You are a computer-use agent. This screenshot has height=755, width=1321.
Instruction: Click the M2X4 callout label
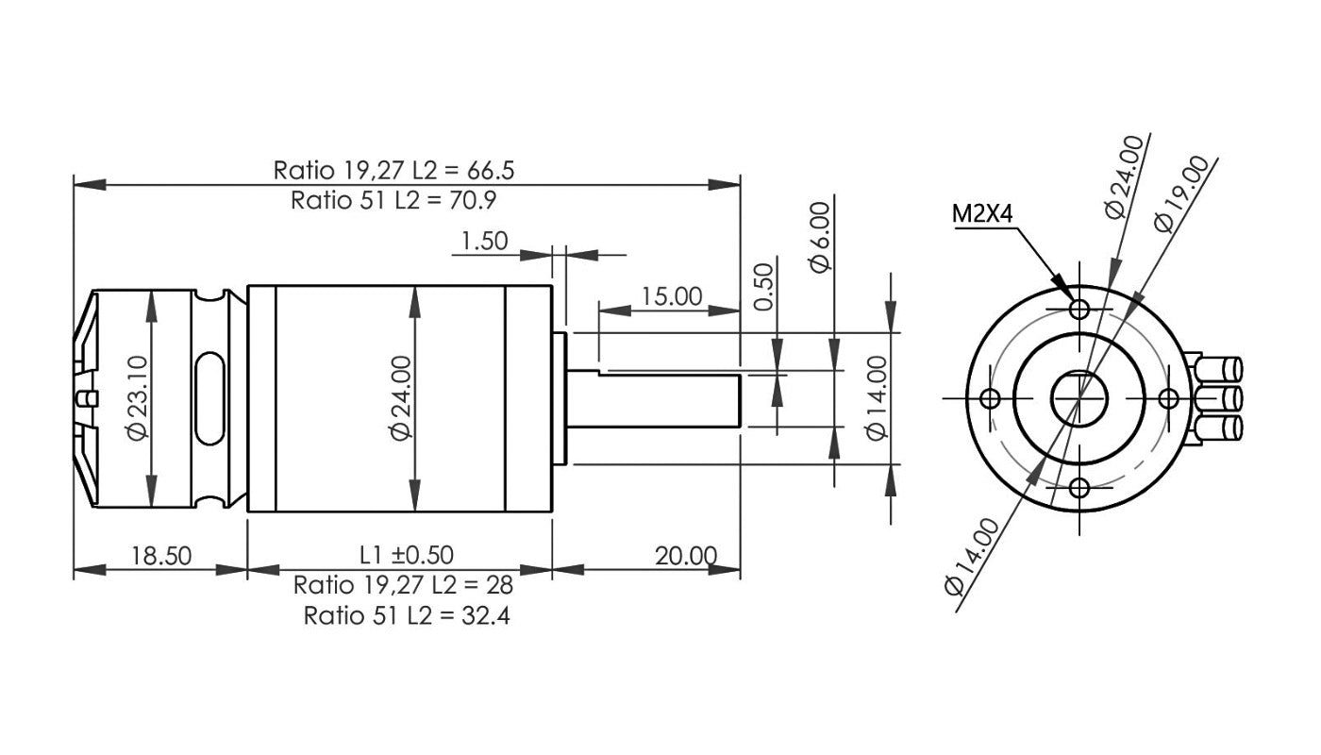[x=982, y=214]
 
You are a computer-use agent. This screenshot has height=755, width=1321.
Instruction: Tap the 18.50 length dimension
[x=160, y=555]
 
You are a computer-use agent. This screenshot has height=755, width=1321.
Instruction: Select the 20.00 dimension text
[x=686, y=555]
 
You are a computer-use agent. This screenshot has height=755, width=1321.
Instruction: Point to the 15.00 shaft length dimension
[x=672, y=296]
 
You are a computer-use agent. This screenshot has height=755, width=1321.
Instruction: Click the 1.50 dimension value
[x=485, y=242]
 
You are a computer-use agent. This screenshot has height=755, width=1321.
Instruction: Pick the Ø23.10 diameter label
[x=137, y=396]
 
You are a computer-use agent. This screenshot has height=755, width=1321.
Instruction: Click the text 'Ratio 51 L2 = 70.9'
[x=393, y=200]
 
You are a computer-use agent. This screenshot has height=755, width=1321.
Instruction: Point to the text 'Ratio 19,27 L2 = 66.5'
[x=393, y=171]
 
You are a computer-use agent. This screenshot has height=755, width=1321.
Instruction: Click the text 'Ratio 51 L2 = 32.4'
[x=408, y=616]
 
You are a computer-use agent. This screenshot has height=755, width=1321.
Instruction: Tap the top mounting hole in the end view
[x=1080, y=309]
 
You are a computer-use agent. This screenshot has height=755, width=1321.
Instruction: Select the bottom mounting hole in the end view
[x=1080, y=488]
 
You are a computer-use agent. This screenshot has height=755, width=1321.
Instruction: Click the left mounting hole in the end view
[x=991, y=398]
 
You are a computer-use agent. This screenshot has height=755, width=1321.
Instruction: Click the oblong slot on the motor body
[x=209, y=397]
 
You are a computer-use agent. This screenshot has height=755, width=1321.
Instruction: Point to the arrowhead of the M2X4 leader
[x=1062, y=289]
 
